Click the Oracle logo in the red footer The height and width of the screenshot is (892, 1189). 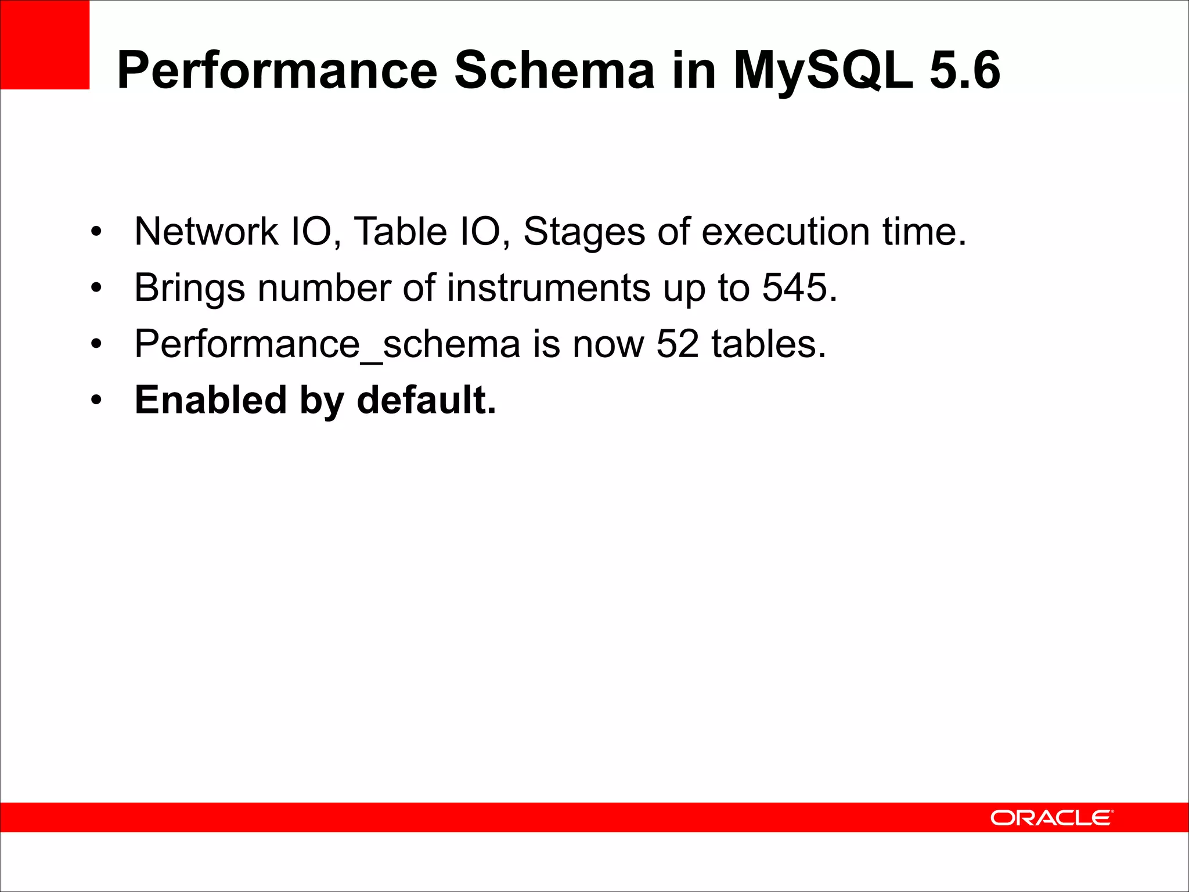1051,818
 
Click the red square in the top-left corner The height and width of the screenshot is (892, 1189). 45,45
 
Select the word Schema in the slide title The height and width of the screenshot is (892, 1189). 554,70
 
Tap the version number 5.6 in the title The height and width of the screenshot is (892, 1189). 965,70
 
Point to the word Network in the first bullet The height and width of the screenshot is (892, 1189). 206,232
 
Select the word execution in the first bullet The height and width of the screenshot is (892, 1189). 786,232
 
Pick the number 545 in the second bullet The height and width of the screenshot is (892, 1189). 795,287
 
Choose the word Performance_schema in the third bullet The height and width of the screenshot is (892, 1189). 327,344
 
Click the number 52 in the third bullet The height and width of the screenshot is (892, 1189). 678,344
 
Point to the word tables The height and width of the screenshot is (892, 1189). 768,344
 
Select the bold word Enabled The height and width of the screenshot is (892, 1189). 211,400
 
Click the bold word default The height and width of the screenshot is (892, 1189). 426,400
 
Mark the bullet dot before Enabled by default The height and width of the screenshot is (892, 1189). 96,400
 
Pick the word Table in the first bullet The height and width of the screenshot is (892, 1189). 400,232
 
